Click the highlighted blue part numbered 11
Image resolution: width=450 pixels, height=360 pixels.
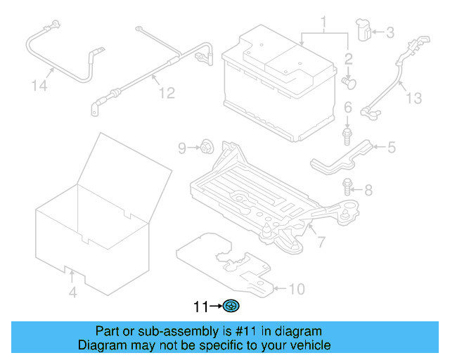coord(232,306)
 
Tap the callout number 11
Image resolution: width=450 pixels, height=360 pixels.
coord(201,307)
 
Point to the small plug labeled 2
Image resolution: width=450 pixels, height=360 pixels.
coord(349,83)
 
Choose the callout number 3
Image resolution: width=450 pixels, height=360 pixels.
coord(390,32)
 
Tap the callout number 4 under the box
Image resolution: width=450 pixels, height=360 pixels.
coord(72,292)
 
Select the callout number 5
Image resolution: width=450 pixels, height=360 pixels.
coord(392,148)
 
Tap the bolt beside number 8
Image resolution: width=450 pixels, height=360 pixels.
coord(348,188)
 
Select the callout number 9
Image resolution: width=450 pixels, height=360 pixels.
coord(181,148)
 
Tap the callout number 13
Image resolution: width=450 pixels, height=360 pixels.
coord(414,98)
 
